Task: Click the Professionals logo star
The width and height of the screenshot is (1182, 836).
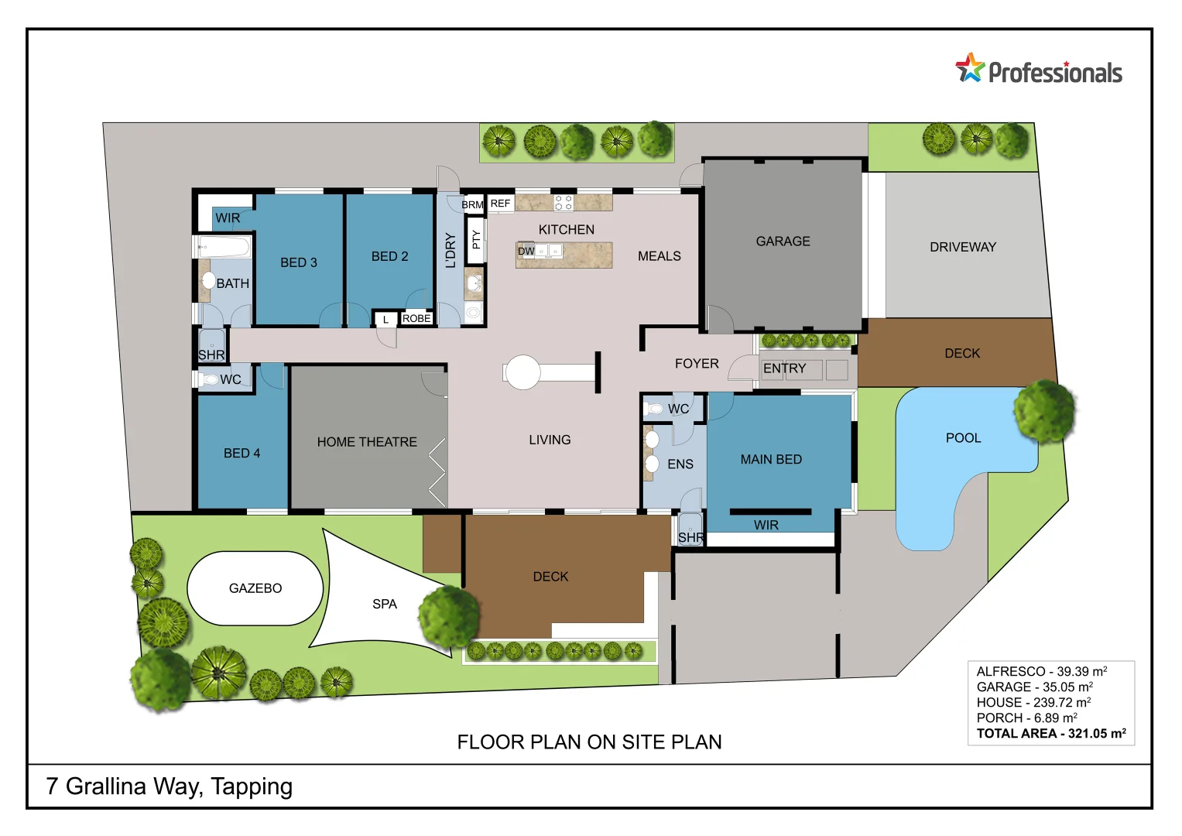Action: point(970,68)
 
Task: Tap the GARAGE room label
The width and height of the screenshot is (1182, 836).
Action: point(783,242)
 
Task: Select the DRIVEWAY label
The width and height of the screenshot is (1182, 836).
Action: point(962,247)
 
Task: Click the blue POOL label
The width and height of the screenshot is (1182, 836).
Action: point(963,438)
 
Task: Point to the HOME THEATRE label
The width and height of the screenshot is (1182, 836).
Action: point(367,442)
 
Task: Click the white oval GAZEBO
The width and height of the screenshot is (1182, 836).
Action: point(255,588)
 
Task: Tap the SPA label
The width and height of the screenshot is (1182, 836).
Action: point(384,604)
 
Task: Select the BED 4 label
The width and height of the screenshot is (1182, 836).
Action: point(242,453)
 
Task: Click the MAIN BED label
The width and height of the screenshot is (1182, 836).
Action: point(771,459)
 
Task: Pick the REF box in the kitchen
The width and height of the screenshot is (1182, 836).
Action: point(500,204)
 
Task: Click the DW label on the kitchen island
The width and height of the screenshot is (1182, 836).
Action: point(526,251)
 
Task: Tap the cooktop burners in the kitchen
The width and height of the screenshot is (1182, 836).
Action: point(564,203)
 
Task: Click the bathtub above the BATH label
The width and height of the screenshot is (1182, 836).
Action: point(224,248)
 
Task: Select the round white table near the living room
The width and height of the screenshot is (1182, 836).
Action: point(523,372)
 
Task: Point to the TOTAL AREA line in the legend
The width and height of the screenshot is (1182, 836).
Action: point(1050,733)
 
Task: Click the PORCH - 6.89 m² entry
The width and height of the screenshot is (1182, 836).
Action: point(1026,718)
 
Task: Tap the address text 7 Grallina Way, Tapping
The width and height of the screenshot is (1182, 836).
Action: point(170,786)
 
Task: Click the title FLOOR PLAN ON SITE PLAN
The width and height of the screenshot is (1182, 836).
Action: point(589,742)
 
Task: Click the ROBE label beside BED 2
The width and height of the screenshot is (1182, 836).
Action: point(416,318)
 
